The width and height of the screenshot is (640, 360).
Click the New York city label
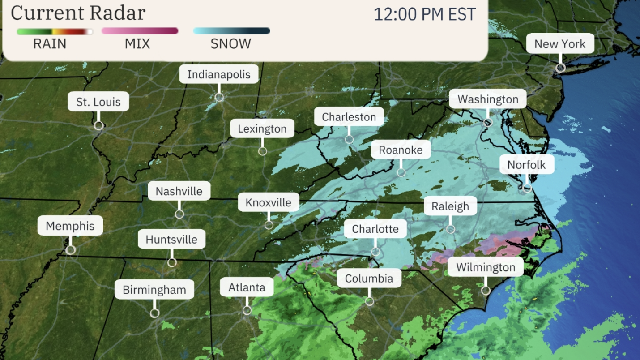[x=560, y=44]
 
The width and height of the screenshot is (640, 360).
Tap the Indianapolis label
[x=219, y=74]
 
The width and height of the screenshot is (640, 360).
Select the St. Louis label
[x=98, y=102]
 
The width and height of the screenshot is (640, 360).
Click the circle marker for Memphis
[x=70, y=250]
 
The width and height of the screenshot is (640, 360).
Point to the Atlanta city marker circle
[x=247, y=310]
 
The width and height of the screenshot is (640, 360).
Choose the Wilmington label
[x=486, y=267]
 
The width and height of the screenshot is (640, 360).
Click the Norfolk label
[x=526, y=165]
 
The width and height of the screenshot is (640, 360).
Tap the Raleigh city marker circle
[x=451, y=229]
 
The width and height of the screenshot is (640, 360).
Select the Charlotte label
[x=375, y=229]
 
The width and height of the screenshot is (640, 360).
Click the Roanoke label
[x=401, y=150]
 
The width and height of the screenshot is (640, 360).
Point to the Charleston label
[x=349, y=117]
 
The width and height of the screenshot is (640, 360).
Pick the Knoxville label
[x=268, y=202]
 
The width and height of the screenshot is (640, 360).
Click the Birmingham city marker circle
[x=154, y=313]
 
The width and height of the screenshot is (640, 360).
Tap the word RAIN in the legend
[x=50, y=44]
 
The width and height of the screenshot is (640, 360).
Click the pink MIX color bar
[x=140, y=31]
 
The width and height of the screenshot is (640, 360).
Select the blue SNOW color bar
[x=231, y=31]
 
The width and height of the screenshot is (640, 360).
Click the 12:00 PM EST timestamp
[x=424, y=14]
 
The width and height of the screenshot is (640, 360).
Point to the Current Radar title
[x=78, y=13]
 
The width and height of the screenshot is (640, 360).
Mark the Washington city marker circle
[x=488, y=122]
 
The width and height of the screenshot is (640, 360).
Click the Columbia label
[x=369, y=278]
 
